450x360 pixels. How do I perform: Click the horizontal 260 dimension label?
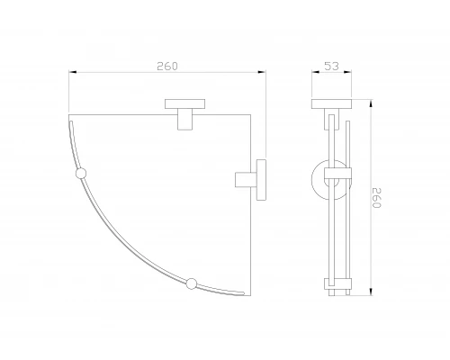point(167,66)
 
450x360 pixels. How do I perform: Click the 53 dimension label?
point(331,66)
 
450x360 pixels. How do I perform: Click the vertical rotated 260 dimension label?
point(376,198)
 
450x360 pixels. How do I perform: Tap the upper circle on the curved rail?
point(80,174)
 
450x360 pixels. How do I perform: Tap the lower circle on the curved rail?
point(192,283)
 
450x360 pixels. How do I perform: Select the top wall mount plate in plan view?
point(185,103)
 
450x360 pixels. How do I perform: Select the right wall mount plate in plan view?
point(261,180)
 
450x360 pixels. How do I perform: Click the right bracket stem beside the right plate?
point(246,180)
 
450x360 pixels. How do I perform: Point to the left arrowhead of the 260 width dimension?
point(73,72)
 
